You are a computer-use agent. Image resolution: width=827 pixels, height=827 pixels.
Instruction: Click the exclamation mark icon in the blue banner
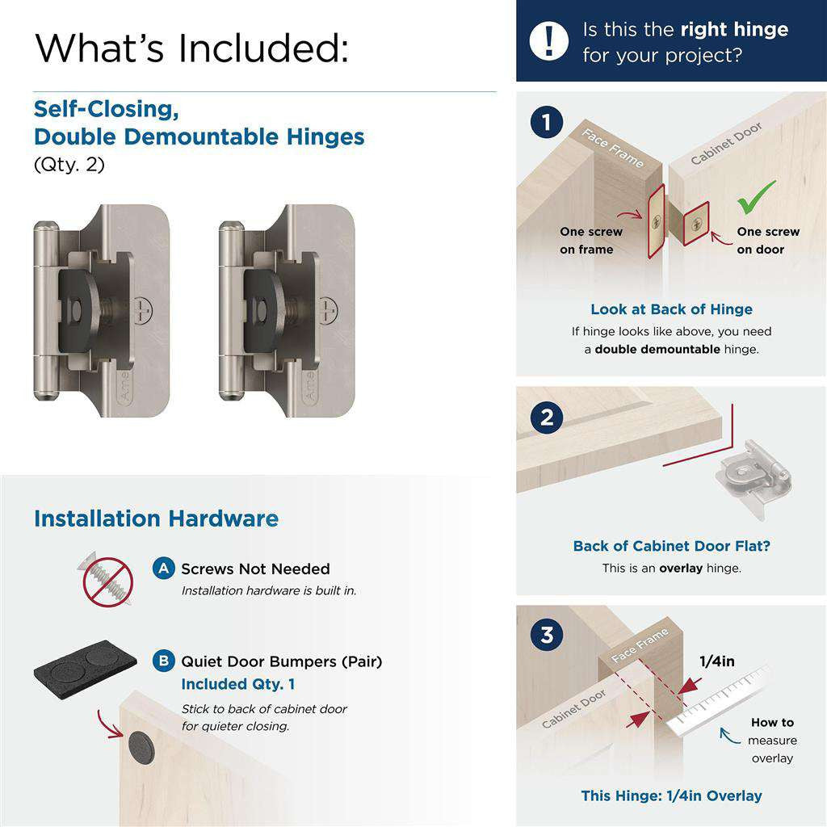pos(549,40)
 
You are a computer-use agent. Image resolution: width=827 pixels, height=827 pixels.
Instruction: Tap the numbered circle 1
pos(547,124)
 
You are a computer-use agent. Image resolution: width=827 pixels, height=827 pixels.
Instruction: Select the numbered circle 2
pos(547,418)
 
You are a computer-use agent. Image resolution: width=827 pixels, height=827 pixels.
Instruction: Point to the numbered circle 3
pos(547,635)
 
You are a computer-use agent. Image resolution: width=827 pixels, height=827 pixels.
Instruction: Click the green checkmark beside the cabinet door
pos(756,197)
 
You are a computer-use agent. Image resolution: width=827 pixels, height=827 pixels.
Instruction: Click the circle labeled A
pos(164,569)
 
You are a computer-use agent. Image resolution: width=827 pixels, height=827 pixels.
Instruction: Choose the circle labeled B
pos(164,661)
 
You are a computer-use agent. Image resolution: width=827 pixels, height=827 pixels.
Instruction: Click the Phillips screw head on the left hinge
pos(145,309)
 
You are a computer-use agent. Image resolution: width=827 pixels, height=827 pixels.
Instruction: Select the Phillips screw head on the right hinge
pos(328,309)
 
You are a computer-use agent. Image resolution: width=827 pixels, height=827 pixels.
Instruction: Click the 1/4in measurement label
pos(716,661)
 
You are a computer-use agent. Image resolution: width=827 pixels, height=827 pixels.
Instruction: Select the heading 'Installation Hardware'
pos(156,518)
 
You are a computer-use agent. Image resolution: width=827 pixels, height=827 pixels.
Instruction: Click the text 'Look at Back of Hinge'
pos(671,309)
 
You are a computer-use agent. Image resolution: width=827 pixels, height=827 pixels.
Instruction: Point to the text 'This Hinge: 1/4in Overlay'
pos(671,796)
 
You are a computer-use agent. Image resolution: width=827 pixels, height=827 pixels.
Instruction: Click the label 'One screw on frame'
pos(590,241)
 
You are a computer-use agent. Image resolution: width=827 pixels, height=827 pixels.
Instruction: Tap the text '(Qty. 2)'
pos(69,164)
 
